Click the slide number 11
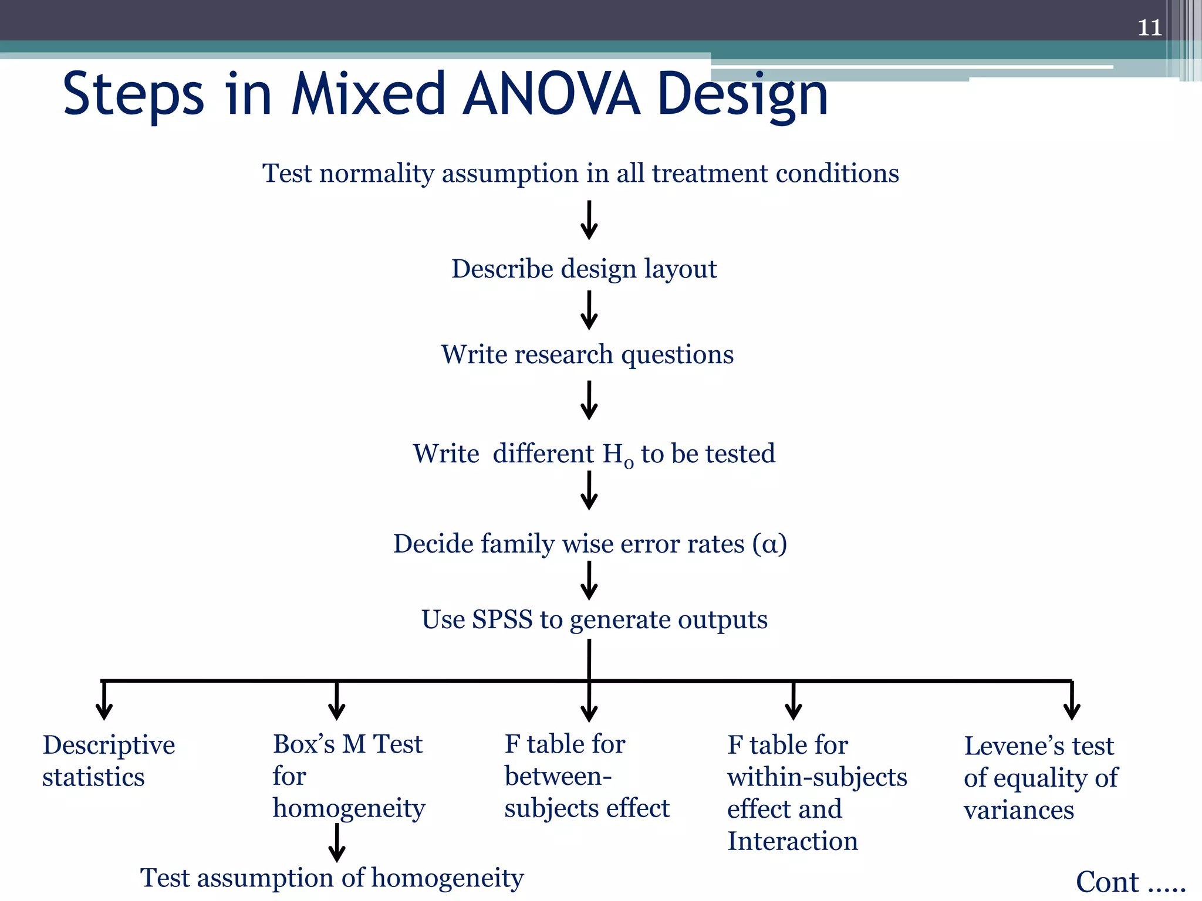[x=1149, y=28]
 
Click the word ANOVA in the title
[x=551, y=94]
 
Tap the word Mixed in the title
[x=369, y=94]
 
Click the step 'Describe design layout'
[x=584, y=269]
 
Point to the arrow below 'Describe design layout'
[x=589, y=311]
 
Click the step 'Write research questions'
[x=587, y=355]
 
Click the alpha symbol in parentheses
[x=769, y=544]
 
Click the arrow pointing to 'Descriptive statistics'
[x=104, y=701]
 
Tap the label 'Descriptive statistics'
[x=109, y=761]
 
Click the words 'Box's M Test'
[x=347, y=744]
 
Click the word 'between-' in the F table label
[x=558, y=777]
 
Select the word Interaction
[x=792, y=841]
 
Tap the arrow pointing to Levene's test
[x=1072, y=701]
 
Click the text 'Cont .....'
[x=1130, y=882]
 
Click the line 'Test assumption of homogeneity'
[x=332, y=879]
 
